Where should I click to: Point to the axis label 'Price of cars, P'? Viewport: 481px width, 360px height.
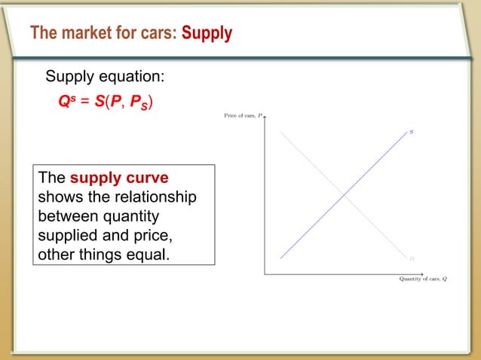(x=242, y=115)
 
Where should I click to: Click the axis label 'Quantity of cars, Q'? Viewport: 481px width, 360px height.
(x=423, y=279)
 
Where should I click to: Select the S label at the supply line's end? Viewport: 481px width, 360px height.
(x=411, y=132)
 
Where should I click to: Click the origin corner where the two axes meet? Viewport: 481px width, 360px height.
(x=265, y=273)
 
